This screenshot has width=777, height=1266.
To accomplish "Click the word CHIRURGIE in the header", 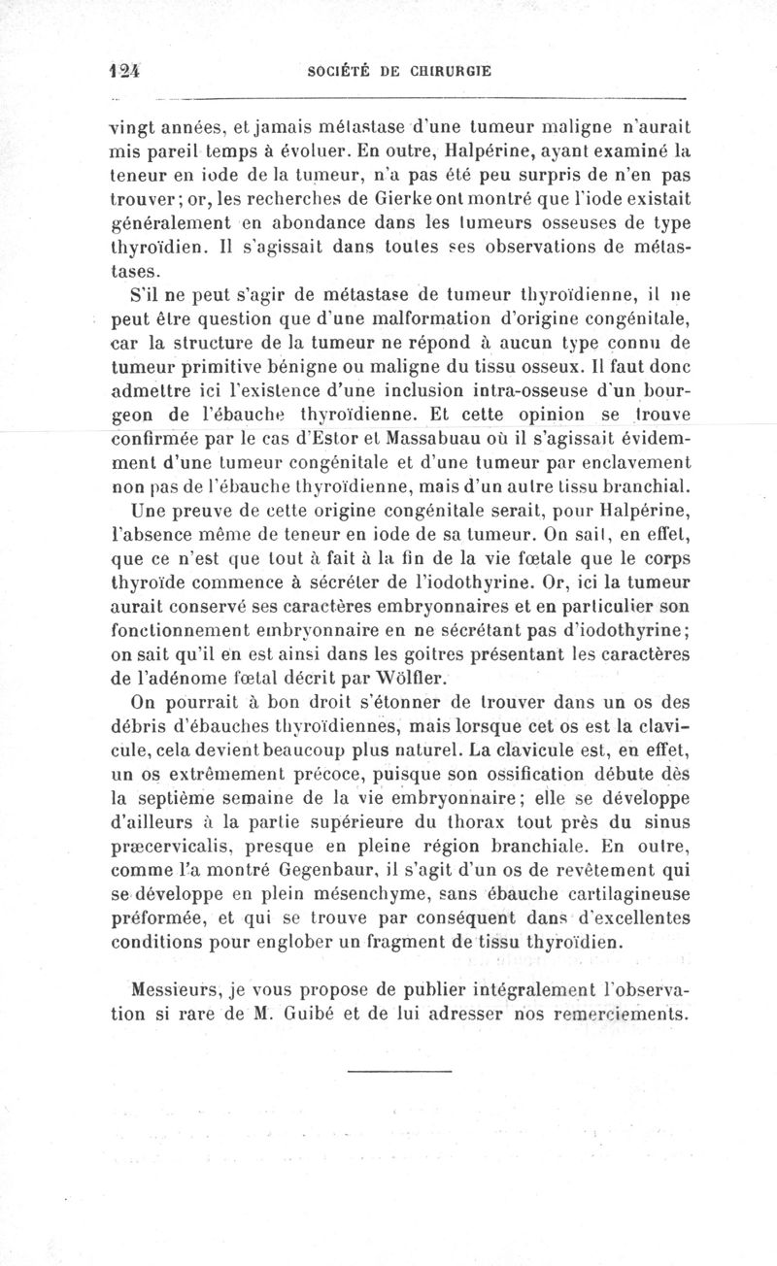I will (451, 70).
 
